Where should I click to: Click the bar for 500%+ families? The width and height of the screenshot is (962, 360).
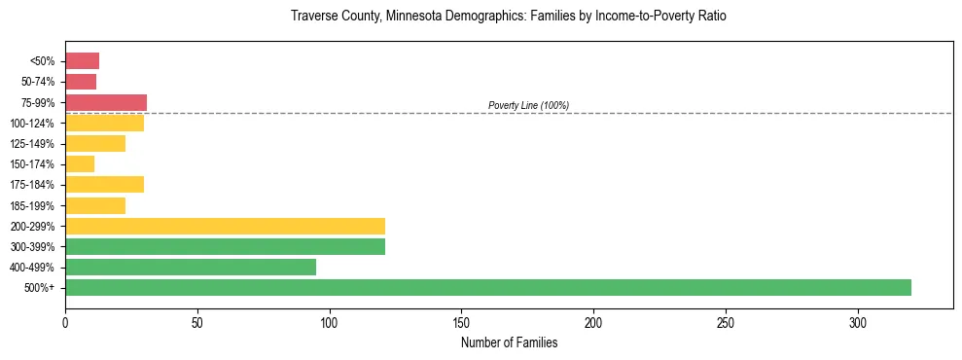(487, 287)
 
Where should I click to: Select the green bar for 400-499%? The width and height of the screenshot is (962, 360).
(191, 267)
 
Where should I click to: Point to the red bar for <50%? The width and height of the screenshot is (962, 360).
(82, 61)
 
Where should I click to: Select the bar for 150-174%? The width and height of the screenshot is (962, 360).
(80, 163)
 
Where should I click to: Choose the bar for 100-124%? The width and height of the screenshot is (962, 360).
(104, 123)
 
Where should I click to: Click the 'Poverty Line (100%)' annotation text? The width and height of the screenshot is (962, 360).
(528, 105)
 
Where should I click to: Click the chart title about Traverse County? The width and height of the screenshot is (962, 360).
(508, 17)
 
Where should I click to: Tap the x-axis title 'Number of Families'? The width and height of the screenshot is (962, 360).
(509, 342)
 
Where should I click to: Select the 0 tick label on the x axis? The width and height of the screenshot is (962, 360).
(65, 322)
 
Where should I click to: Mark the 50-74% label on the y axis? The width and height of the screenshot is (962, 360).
(39, 82)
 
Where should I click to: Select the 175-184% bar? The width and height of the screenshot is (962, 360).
(104, 184)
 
